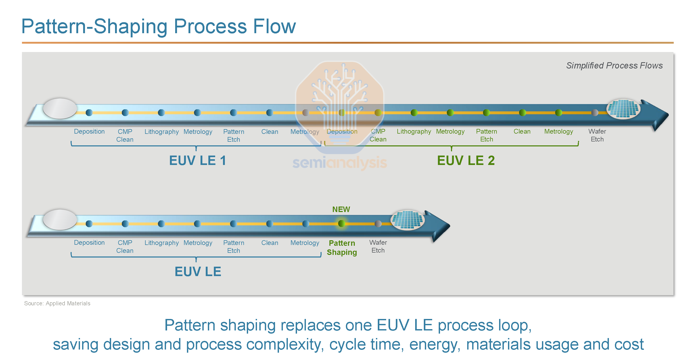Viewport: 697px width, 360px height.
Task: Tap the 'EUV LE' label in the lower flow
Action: (x=198, y=272)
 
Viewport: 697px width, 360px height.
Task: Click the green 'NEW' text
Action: (x=341, y=209)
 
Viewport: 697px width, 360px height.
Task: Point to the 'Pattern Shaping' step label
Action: (x=342, y=248)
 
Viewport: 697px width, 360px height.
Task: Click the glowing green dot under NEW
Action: (x=341, y=224)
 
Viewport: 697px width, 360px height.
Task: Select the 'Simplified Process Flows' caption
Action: (x=614, y=65)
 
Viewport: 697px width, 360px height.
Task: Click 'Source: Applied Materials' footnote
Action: (x=57, y=303)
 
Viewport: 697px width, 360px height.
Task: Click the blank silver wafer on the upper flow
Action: (x=60, y=108)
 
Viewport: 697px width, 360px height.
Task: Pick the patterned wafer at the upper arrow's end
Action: (x=623, y=109)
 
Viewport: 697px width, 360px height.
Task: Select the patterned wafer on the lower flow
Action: (x=408, y=220)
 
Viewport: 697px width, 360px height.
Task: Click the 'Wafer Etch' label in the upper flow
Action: (x=597, y=135)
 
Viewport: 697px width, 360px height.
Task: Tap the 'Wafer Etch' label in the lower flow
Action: (x=378, y=246)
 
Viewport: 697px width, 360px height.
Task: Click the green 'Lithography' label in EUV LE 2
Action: (x=414, y=132)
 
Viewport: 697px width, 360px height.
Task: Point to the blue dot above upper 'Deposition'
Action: (x=89, y=112)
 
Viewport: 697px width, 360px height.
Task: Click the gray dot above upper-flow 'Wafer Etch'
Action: (x=595, y=112)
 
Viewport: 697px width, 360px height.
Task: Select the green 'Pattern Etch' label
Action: (x=486, y=135)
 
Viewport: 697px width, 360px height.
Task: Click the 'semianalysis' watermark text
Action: (x=340, y=163)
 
